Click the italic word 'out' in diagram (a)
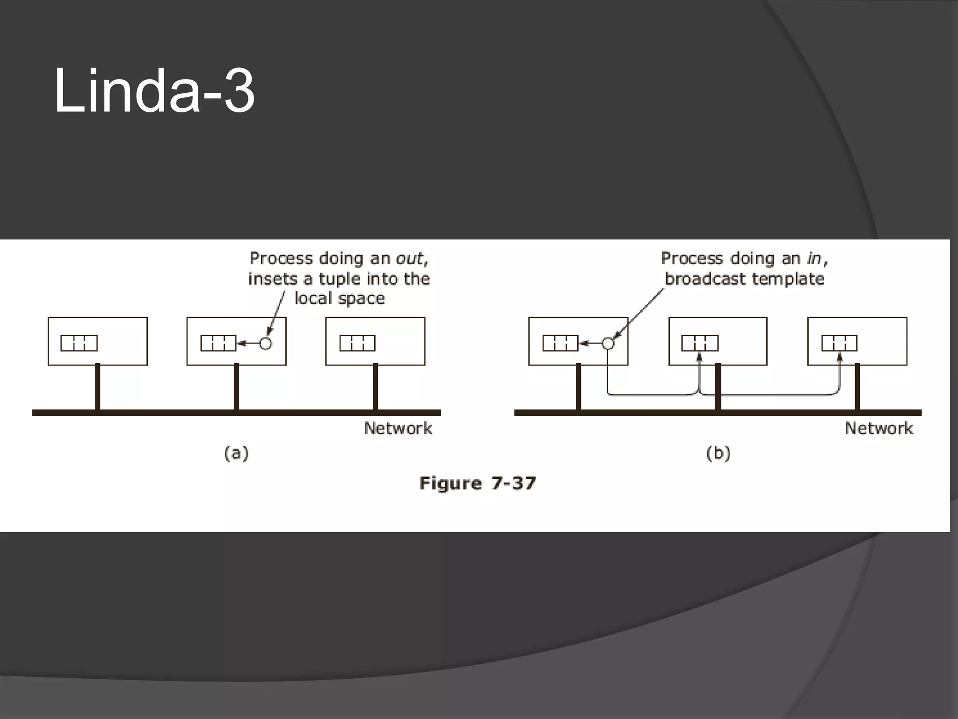410,258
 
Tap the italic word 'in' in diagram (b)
814,258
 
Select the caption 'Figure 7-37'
478,483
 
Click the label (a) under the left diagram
237,453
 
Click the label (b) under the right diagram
718,453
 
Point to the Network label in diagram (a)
398,428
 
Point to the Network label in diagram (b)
878,428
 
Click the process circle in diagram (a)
266,344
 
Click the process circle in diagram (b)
608,344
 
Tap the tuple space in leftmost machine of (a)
79,343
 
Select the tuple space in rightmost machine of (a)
357,343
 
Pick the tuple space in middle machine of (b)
700,343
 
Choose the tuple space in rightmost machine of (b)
840,343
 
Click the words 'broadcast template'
745,279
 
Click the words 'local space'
340,299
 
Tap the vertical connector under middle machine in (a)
236,387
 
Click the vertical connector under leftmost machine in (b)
579,387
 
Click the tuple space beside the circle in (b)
560,343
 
